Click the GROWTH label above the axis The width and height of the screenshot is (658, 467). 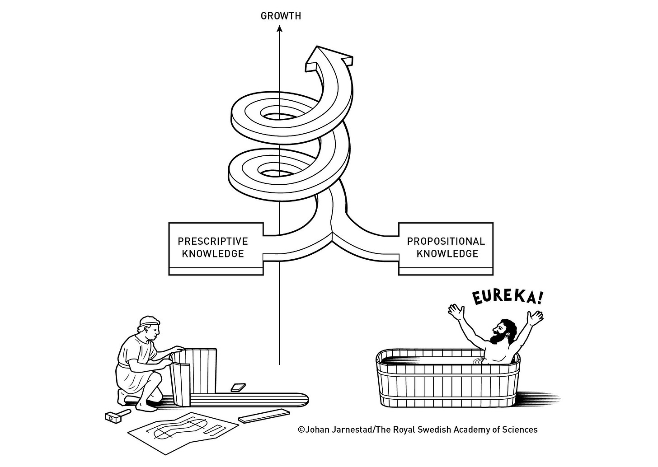tap(281, 16)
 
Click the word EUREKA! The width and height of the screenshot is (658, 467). tap(507, 297)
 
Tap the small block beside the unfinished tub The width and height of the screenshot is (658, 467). tap(238, 387)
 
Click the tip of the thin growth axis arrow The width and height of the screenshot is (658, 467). tap(279, 28)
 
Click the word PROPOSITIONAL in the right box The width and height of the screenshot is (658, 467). tap(446, 241)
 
